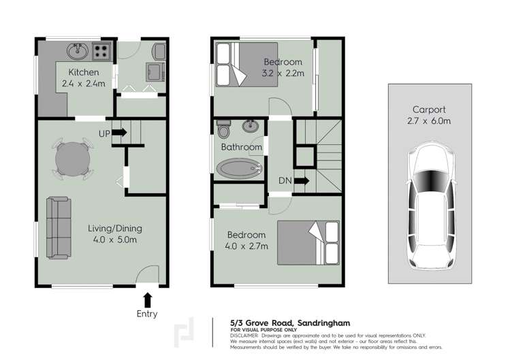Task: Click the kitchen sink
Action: [76, 50]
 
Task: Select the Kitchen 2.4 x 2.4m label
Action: [83, 78]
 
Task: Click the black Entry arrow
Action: [147, 299]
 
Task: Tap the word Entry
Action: [147, 314]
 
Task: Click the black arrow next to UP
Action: [120, 133]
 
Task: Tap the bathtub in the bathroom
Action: [239, 169]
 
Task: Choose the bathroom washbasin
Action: [251, 126]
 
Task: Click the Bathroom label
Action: [241, 147]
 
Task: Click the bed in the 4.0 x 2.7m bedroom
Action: [308, 242]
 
